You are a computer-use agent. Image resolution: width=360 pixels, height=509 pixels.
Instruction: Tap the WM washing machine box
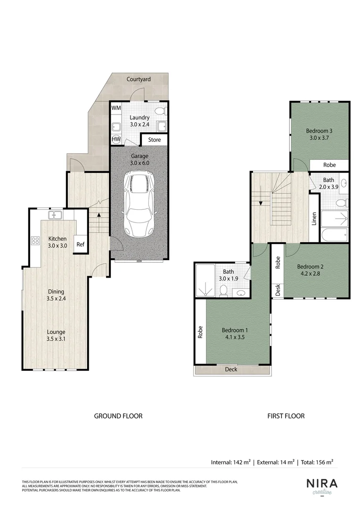(x=116, y=108)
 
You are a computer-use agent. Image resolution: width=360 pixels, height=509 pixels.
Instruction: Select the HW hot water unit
(x=116, y=140)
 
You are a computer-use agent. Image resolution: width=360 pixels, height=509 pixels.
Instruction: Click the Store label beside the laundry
(x=155, y=140)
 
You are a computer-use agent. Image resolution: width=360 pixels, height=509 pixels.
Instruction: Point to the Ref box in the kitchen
(x=81, y=244)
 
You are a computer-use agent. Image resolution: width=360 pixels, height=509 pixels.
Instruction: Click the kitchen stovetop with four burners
(x=35, y=241)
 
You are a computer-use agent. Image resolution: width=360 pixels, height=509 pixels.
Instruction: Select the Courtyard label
(x=139, y=79)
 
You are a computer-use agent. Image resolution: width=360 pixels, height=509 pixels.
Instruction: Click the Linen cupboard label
(x=314, y=219)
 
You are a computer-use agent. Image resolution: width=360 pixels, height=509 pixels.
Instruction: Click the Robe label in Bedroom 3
(x=329, y=165)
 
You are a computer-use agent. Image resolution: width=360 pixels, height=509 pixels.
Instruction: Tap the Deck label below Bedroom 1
(x=231, y=369)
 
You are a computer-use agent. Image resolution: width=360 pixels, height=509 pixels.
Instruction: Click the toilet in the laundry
(x=160, y=111)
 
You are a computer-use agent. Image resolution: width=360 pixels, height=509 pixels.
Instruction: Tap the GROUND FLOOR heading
(x=118, y=416)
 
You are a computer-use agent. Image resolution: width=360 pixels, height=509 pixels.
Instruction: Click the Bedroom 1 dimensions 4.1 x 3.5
(x=235, y=337)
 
